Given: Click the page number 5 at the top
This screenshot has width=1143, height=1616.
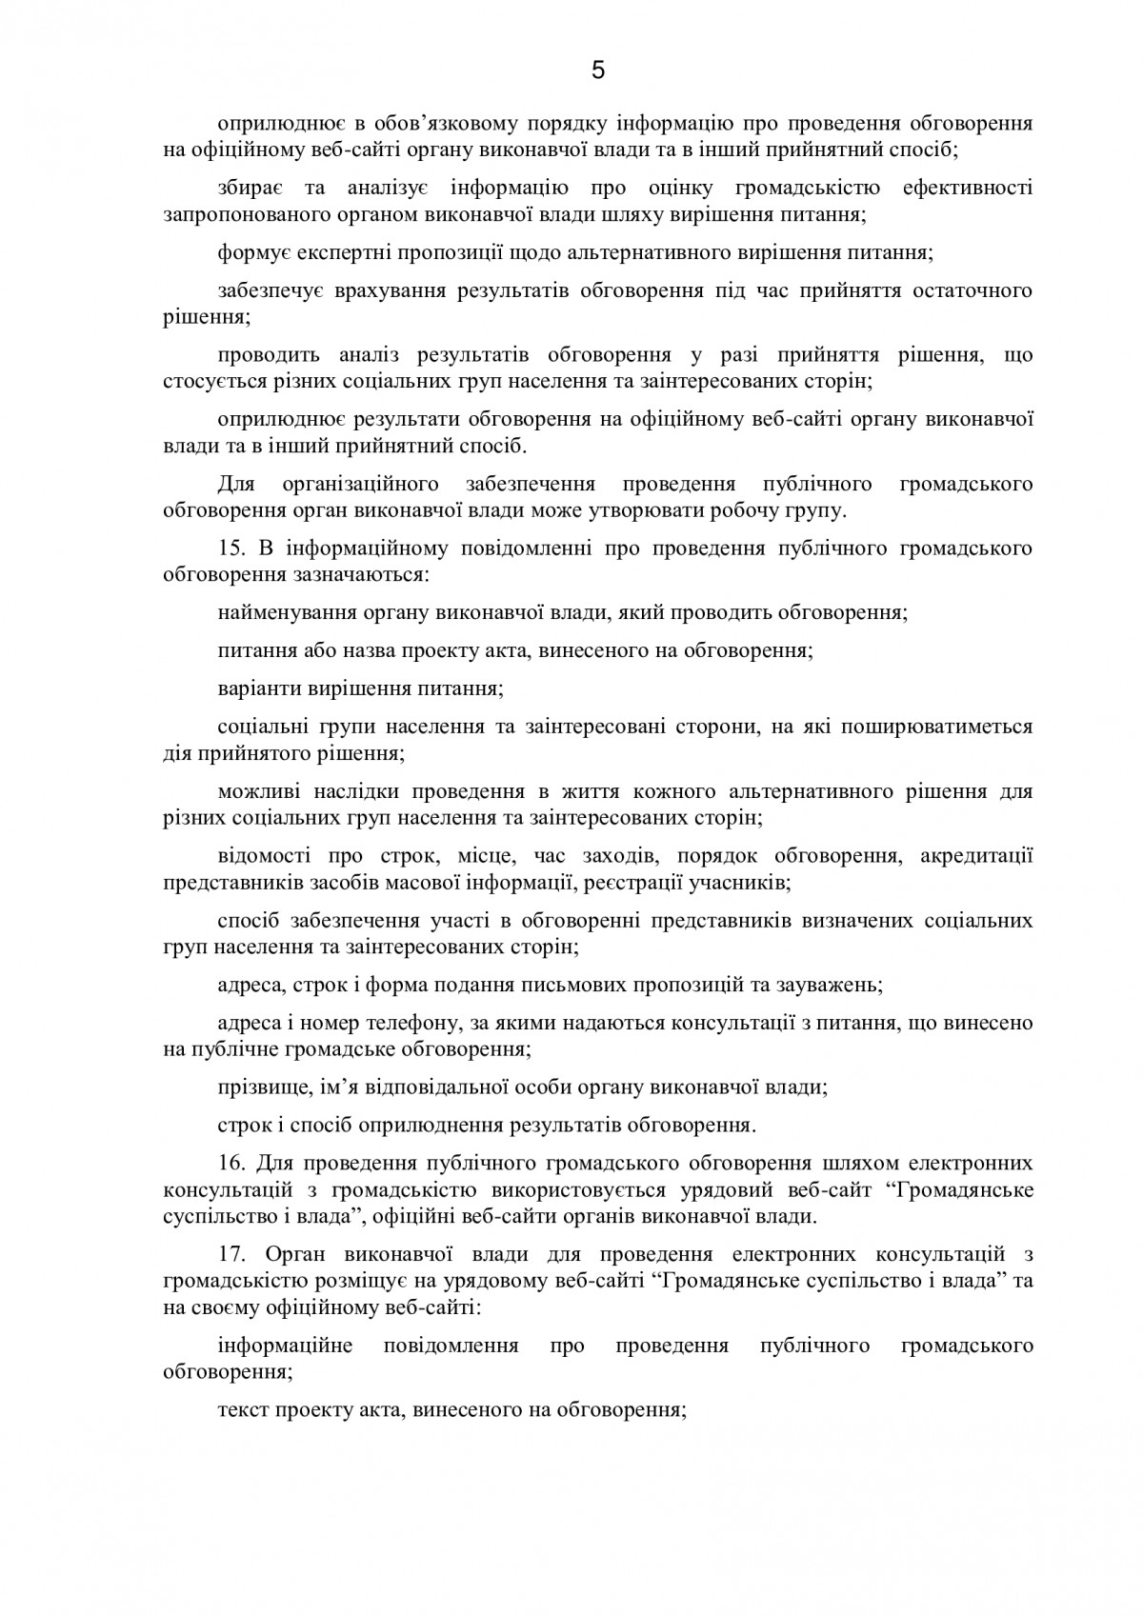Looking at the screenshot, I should point(598,70).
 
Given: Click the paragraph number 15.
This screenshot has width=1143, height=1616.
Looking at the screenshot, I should point(230,549).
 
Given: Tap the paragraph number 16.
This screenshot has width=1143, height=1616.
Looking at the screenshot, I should point(230,1163).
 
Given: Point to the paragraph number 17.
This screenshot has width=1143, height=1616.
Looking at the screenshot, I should point(230,1254).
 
